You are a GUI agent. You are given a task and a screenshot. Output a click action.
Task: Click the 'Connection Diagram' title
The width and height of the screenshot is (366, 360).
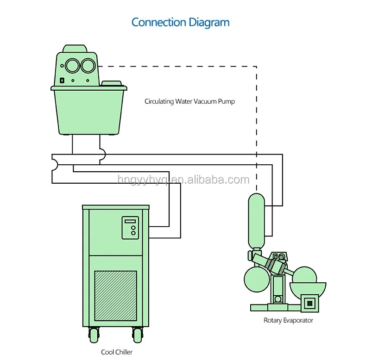click(x=180, y=23)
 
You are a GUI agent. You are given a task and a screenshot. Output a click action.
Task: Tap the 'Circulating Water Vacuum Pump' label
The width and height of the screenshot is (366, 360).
click(x=189, y=101)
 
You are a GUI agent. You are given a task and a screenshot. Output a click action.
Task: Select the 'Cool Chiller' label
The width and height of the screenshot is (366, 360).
click(x=117, y=352)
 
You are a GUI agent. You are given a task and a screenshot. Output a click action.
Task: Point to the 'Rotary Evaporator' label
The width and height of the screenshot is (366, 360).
click(x=288, y=320)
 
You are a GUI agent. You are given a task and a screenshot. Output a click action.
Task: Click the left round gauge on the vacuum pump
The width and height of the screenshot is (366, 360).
click(x=72, y=66)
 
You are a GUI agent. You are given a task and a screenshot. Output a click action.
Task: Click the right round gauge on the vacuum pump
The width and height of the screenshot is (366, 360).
click(x=88, y=66)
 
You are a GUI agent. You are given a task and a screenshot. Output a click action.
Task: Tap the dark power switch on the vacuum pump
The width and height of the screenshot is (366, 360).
click(x=62, y=81)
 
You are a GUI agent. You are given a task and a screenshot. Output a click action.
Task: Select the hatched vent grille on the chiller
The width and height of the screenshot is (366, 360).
click(x=115, y=296)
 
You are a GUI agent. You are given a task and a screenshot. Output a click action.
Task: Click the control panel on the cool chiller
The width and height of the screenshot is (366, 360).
click(x=130, y=228)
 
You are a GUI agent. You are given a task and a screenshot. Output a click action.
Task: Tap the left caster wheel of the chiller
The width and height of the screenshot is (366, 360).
click(x=94, y=335)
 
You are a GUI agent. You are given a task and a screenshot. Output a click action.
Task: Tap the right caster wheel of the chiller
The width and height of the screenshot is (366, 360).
click(x=138, y=335)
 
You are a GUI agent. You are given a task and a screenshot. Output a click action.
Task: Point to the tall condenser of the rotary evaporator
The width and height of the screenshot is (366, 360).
click(x=256, y=221)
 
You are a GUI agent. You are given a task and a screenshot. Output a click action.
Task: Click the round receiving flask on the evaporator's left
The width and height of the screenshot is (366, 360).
click(x=257, y=279)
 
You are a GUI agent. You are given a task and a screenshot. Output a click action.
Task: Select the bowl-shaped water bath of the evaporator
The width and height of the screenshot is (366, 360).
click(x=308, y=289)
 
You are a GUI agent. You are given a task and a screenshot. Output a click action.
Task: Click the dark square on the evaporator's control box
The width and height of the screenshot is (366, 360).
click(x=310, y=304)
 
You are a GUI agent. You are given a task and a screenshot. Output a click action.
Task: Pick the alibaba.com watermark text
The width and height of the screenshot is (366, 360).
click(x=183, y=180)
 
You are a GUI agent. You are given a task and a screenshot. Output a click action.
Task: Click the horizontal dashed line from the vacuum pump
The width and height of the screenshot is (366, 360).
click(x=177, y=67)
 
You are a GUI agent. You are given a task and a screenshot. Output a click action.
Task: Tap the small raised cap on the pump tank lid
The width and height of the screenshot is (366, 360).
click(x=112, y=83)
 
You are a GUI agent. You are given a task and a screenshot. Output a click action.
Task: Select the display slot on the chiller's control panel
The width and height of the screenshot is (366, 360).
click(x=130, y=221)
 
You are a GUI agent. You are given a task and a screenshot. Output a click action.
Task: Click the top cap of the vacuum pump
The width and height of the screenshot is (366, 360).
click(x=75, y=49)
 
